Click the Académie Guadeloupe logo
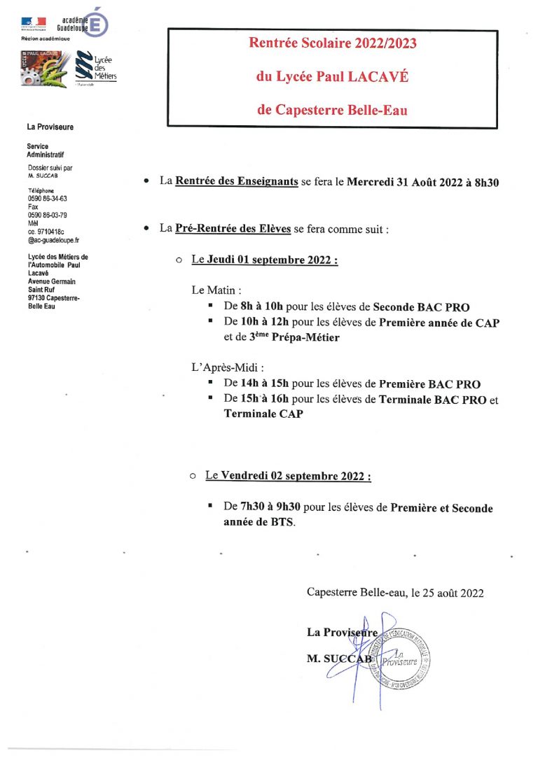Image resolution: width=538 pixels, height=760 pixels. tap(65, 24)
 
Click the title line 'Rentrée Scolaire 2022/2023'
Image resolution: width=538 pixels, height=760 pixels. tap(333, 44)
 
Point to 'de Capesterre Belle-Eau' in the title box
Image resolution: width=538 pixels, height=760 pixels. tap(332, 110)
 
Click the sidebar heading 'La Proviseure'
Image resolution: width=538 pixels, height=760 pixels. tap(50, 127)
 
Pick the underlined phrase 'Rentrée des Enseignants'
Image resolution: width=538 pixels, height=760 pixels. tap(236, 182)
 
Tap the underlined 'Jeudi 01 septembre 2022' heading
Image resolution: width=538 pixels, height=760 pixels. tap(272, 260)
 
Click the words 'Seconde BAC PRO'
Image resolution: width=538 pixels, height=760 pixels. tap(421, 307)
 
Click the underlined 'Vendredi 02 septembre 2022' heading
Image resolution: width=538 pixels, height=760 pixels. tap(296, 476)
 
